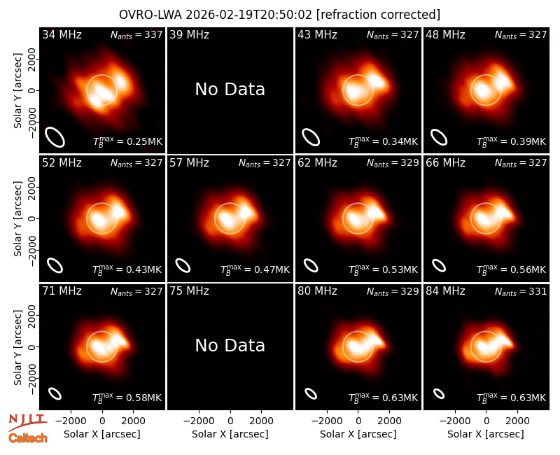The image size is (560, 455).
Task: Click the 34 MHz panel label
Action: point(62,34)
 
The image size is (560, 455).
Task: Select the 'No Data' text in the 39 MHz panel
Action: point(230,90)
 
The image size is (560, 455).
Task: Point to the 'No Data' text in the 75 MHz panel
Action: point(230,346)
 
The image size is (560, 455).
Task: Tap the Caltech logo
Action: point(28,438)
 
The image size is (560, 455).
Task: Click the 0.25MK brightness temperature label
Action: point(128,141)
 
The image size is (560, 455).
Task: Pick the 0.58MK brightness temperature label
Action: point(127,398)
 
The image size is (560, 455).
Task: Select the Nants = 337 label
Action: point(136,34)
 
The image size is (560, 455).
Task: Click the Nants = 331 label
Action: point(521,291)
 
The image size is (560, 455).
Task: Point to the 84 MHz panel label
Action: point(445,291)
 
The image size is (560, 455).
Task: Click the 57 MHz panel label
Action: point(189,163)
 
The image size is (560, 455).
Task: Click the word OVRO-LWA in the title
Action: point(150,15)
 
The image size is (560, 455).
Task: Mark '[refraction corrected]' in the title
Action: point(379,15)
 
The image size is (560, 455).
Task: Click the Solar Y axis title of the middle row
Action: point(17,218)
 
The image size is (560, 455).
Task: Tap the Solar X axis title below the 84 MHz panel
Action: point(486,434)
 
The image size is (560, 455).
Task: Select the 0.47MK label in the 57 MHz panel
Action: point(255,269)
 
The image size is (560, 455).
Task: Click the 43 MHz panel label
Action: point(318,34)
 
